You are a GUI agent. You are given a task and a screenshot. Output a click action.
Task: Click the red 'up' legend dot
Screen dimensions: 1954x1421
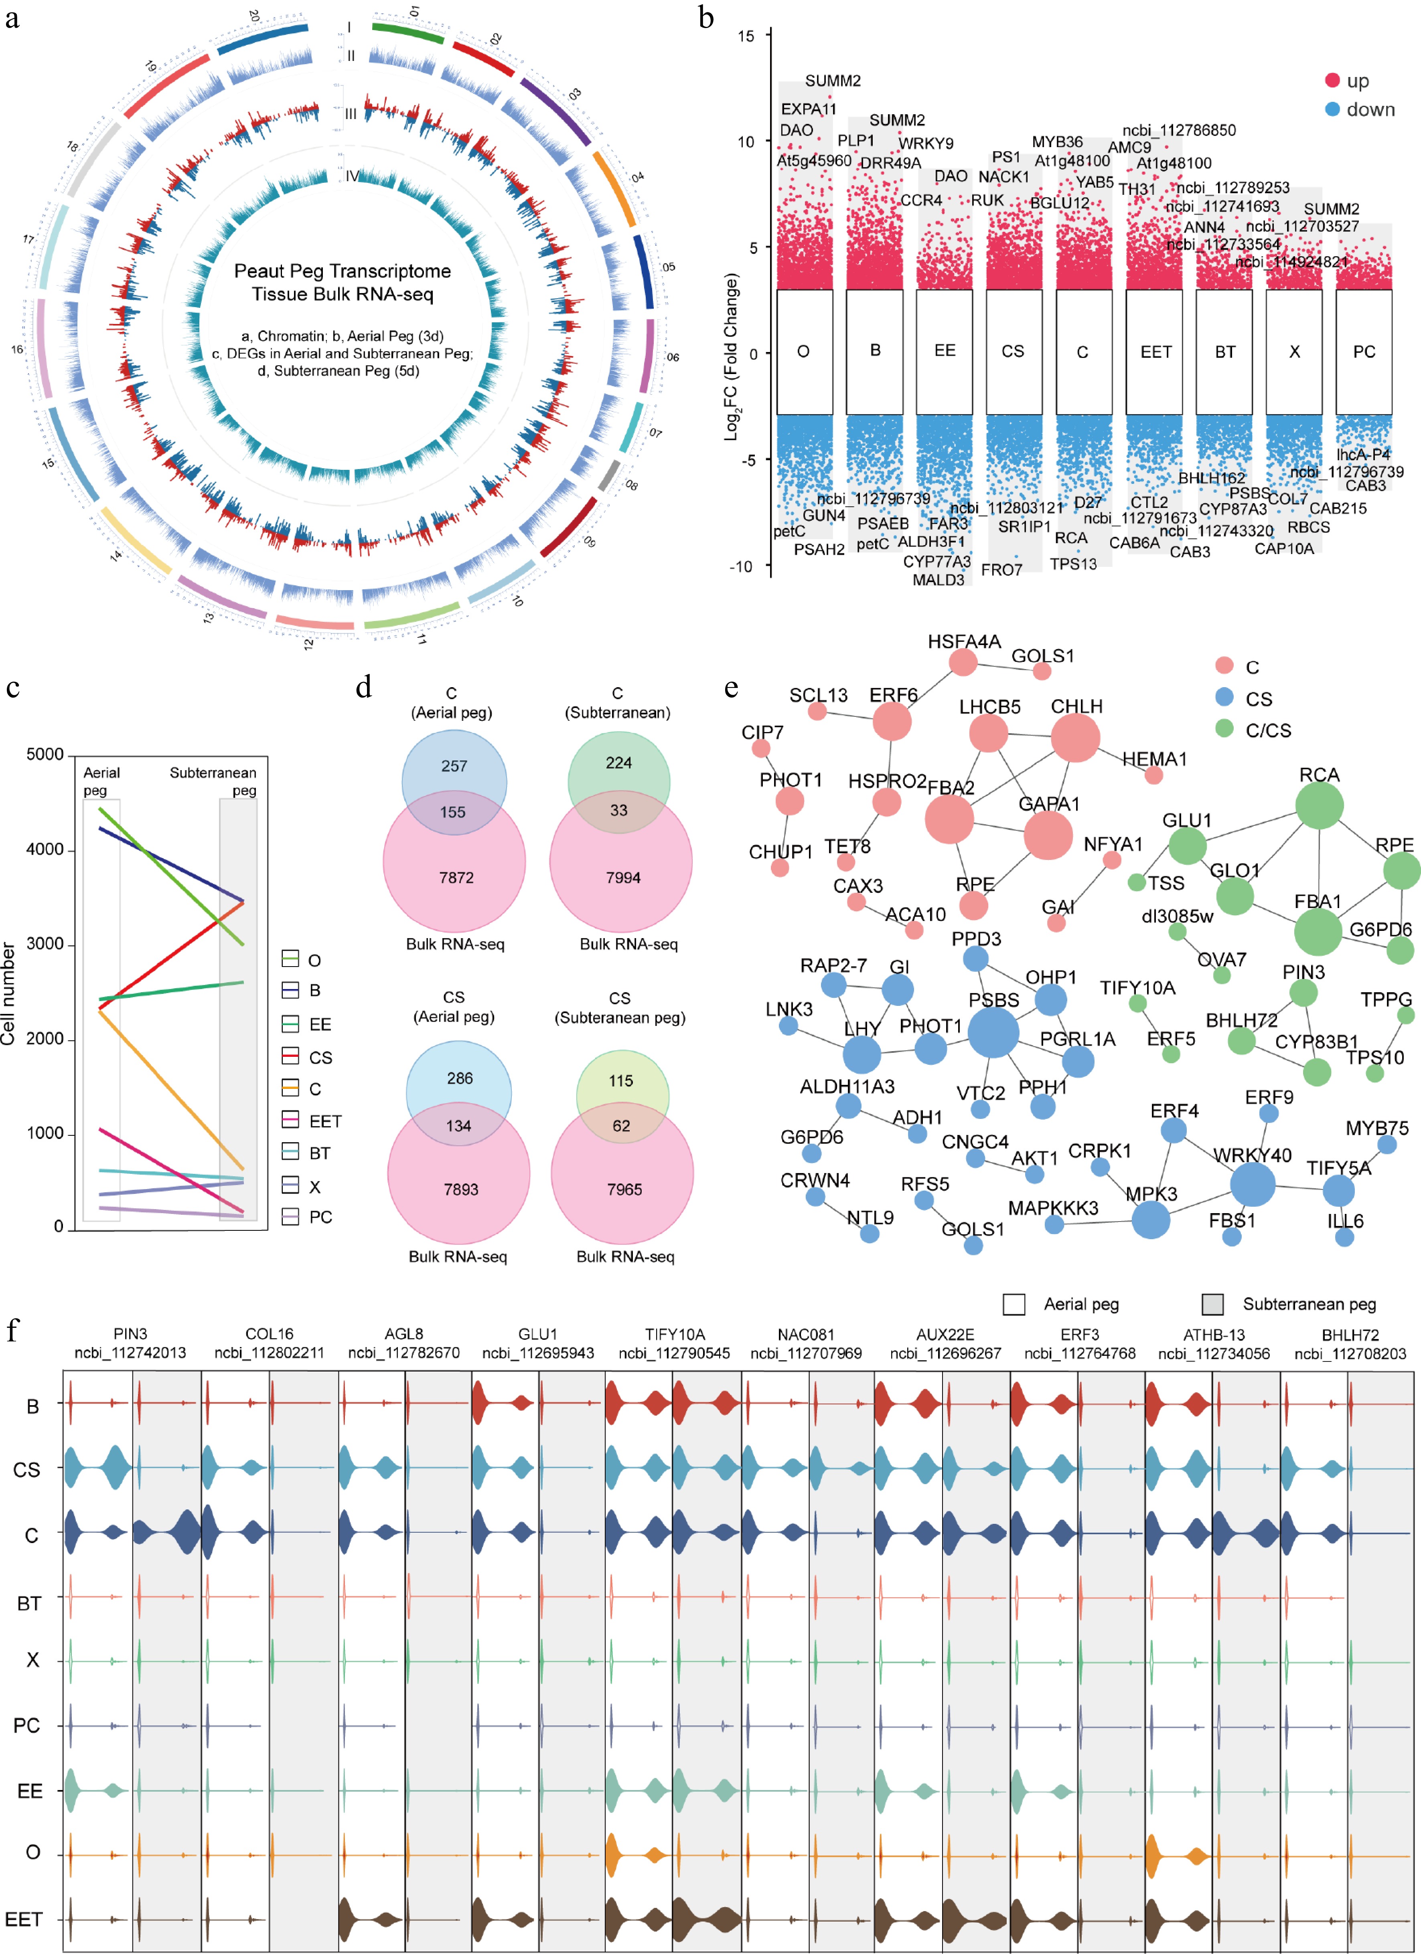pyautogui.click(x=1332, y=80)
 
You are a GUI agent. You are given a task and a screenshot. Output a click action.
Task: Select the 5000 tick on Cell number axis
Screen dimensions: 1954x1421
pyautogui.click(x=45, y=755)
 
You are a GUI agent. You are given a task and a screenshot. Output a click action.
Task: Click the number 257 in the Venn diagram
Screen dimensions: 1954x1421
pyautogui.click(x=454, y=766)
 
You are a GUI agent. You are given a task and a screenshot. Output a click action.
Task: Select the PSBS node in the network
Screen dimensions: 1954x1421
pyautogui.click(x=993, y=1032)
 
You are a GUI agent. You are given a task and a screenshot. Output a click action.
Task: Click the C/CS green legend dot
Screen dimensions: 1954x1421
pyautogui.click(x=1224, y=729)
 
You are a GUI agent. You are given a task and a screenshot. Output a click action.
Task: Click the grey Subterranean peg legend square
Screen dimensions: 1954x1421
pyautogui.click(x=1212, y=1305)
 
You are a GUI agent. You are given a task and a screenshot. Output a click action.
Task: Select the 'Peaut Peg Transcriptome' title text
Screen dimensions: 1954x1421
pyautogui.click(x=342, y=271)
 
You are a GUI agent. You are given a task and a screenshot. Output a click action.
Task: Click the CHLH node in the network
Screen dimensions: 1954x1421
pyautogui.click(x=1075, y=738)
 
